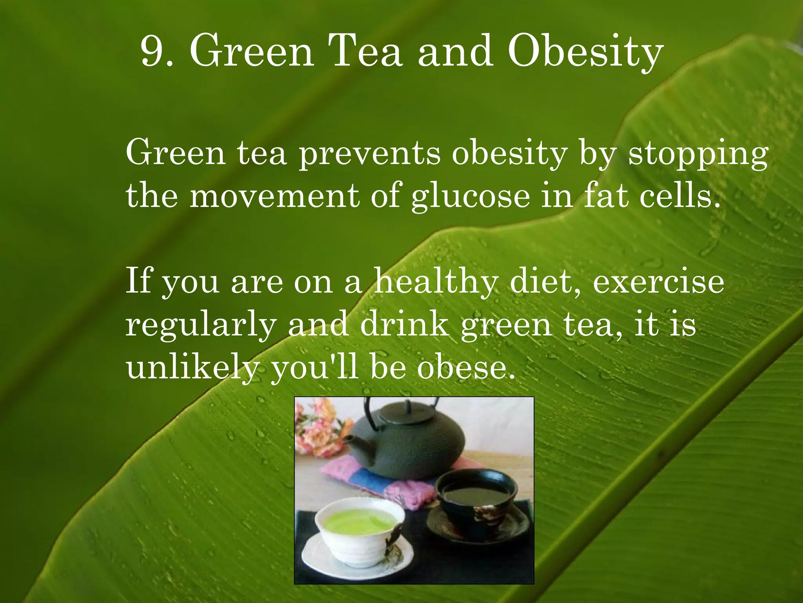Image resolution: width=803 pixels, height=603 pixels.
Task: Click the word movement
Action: click(x=274, y=196)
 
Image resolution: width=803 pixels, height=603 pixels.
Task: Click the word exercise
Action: click(x=658, y=282)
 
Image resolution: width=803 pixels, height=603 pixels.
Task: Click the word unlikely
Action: click(x=192, y=369)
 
